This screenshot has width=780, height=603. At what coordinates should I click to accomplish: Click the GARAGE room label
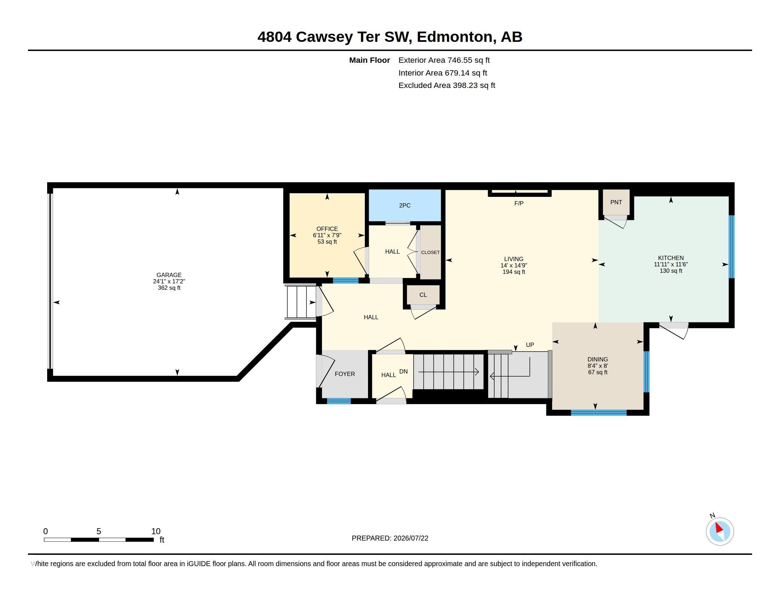pyautogui.click(x=169, y=275)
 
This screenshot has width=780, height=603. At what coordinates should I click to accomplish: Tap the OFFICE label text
pyautogui.click(x=327, y=229)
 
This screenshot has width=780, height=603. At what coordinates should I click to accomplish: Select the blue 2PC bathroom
pyautogui.click(x=405, y=205)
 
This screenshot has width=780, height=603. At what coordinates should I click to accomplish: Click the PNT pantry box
pyautogui.click(x=616, y=202)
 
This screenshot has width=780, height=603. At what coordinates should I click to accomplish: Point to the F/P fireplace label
pyautogui.click(x=519, y=203)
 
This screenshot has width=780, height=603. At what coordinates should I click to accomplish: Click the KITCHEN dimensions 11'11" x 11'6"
pyautogui.click(x=671, y=264)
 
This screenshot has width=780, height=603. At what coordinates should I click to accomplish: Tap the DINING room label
pyautogui.click(x=597, y=359)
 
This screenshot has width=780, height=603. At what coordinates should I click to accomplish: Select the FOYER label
pyautogui.click(x=345, y=374)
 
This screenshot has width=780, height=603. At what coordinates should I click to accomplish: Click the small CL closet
pyautogui.click(x=423, y=295)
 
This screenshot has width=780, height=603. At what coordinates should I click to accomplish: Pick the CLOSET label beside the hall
pyautogui.click(x=430, y=252)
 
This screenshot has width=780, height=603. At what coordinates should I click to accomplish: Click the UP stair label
pyautogui.click(x=530, y=345)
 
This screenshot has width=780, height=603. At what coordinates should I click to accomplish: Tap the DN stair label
pyautogui.click(x=403, y=371)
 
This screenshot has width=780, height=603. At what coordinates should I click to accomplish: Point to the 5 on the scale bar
pyautogui.click(x=99, y=531)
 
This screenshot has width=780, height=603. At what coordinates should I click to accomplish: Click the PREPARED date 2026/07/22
pyautogui.click(x=411, y=538)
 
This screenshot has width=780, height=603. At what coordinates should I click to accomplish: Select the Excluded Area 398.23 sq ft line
pyautogui.click(x=446, y=85)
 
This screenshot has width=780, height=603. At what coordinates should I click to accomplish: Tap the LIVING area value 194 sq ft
pyautogui.click(x=514, y=272)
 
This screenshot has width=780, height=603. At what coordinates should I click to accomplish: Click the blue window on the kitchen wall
pyautogui.click(x=731, y=247)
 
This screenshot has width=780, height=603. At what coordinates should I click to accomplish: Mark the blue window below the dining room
pyautogui.click(x=598, y=413)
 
